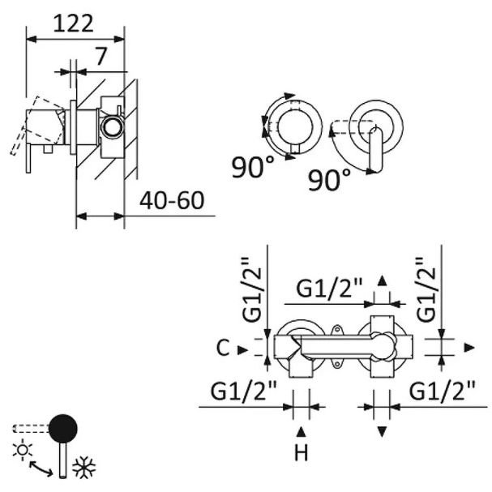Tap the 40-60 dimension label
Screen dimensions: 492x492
(x=169, y=199)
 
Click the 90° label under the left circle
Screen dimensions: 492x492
(x=252, y=168)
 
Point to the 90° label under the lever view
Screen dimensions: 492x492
(x=330, y=178)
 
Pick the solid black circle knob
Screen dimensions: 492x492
(x=63, y=427)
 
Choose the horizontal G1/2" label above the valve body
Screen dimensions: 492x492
(x=329, y=287)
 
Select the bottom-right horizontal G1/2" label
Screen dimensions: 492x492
(x=441, y=391)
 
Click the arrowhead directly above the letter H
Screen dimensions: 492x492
(x=301, y=430)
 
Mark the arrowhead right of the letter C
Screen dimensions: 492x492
(x=242, y=349)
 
